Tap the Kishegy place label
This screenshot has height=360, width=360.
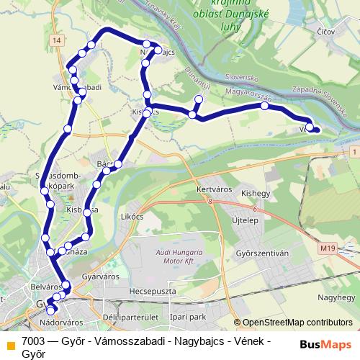point(256,194)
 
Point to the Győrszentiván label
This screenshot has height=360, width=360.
point(263,254)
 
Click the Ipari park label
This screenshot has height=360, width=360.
point(189,316)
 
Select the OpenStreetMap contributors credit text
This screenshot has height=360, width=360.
point(297,323)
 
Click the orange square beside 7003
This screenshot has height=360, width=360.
point(11,344)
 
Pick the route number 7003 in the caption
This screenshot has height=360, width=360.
point(35,341)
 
